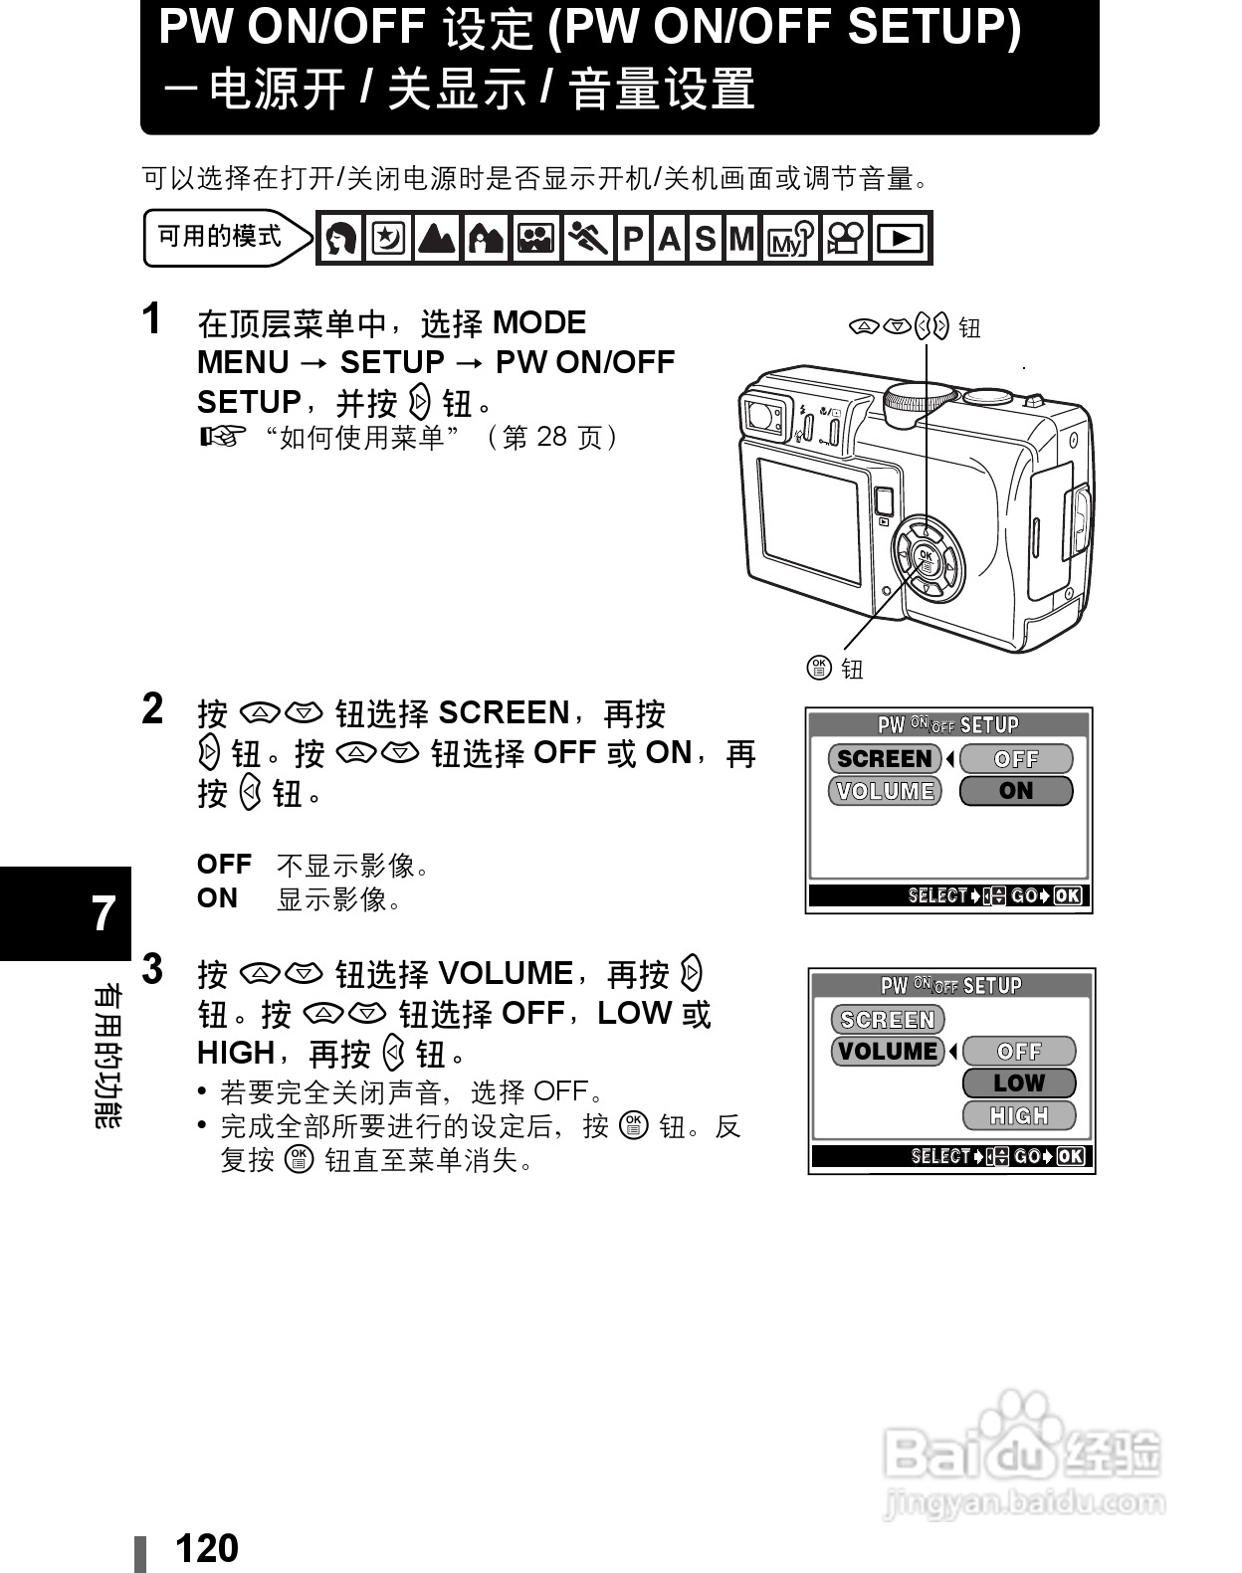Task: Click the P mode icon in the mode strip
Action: point(633,239)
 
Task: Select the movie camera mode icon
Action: point(847,239)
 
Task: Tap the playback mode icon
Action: point(902,239)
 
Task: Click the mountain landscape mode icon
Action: point(438,239)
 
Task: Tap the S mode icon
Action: point(705,239)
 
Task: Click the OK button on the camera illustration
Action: point(926,560)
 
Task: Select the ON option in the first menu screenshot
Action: point(1016,791)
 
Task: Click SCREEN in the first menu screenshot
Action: point(885,759)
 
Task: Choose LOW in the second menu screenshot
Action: point(1019,1083)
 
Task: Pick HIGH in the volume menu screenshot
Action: point(1019,1115)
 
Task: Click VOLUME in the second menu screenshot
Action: point(888,1052)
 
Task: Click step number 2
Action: point(152,709)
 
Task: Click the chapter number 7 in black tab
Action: point(103,913)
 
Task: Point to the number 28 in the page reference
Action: point(551,437)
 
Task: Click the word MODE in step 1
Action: point(539,322)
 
